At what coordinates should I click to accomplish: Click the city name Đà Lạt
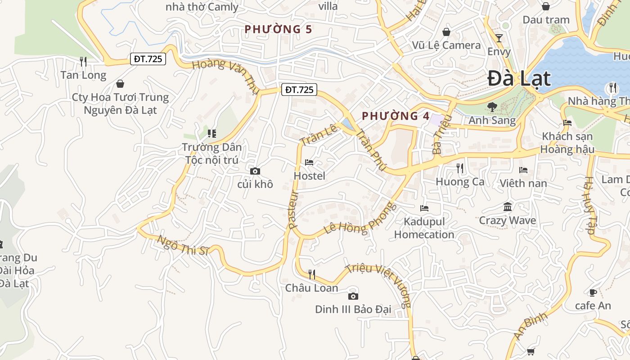click(519, 78)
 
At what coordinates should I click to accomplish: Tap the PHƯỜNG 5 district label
click(278, 29)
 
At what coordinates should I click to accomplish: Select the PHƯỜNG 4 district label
click(396, 116)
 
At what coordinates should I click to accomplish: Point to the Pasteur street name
click(293, 210)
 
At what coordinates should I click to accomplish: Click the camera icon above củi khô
click(255, 171)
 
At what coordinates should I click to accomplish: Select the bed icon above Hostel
click(309, 162)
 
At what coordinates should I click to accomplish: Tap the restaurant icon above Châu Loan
click(311, 274)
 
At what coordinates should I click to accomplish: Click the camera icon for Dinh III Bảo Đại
click(353, 296)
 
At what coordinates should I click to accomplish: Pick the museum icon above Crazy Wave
click(508, 207)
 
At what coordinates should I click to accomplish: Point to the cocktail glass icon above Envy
click(499, 38)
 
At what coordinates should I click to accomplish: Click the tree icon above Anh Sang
click(492, 107)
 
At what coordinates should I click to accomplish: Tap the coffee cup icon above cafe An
click(593, 292)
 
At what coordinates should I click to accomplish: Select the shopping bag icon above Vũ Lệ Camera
click(446, 32)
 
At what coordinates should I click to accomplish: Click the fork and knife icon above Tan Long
click(83, 61)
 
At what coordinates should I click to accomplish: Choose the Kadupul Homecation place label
click(424, 228)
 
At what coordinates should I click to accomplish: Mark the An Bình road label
click(531, 326)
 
